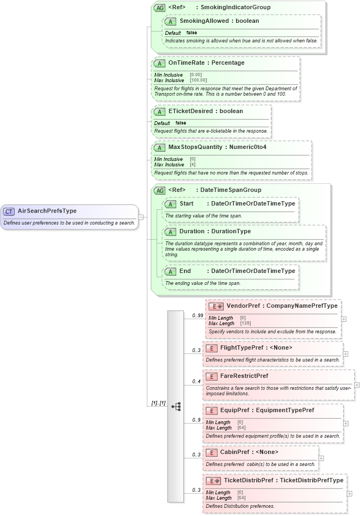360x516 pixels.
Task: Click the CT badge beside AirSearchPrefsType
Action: (x=9, y=211)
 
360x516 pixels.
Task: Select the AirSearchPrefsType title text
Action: (x=47, y=211)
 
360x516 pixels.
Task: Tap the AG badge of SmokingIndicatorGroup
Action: (x=160, y=8)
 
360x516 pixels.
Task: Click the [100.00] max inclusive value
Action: (x=198, y=80)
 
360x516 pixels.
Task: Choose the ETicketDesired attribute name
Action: (x=190, y=111)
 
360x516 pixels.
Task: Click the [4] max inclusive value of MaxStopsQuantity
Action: (x=193, y=165)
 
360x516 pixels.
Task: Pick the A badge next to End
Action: (x=171, y=271)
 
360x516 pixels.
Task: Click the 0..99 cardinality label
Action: (x=197, y=315)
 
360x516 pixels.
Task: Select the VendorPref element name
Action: (x=243, y=306)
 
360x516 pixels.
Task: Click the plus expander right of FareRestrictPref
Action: (x=357, y=384)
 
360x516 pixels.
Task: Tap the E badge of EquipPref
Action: (x=211, y=411)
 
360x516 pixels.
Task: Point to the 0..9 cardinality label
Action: (x=197, y=420)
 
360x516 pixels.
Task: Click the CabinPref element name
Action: (x=235, y=452)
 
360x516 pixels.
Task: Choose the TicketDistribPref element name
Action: (x=249, y=481)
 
